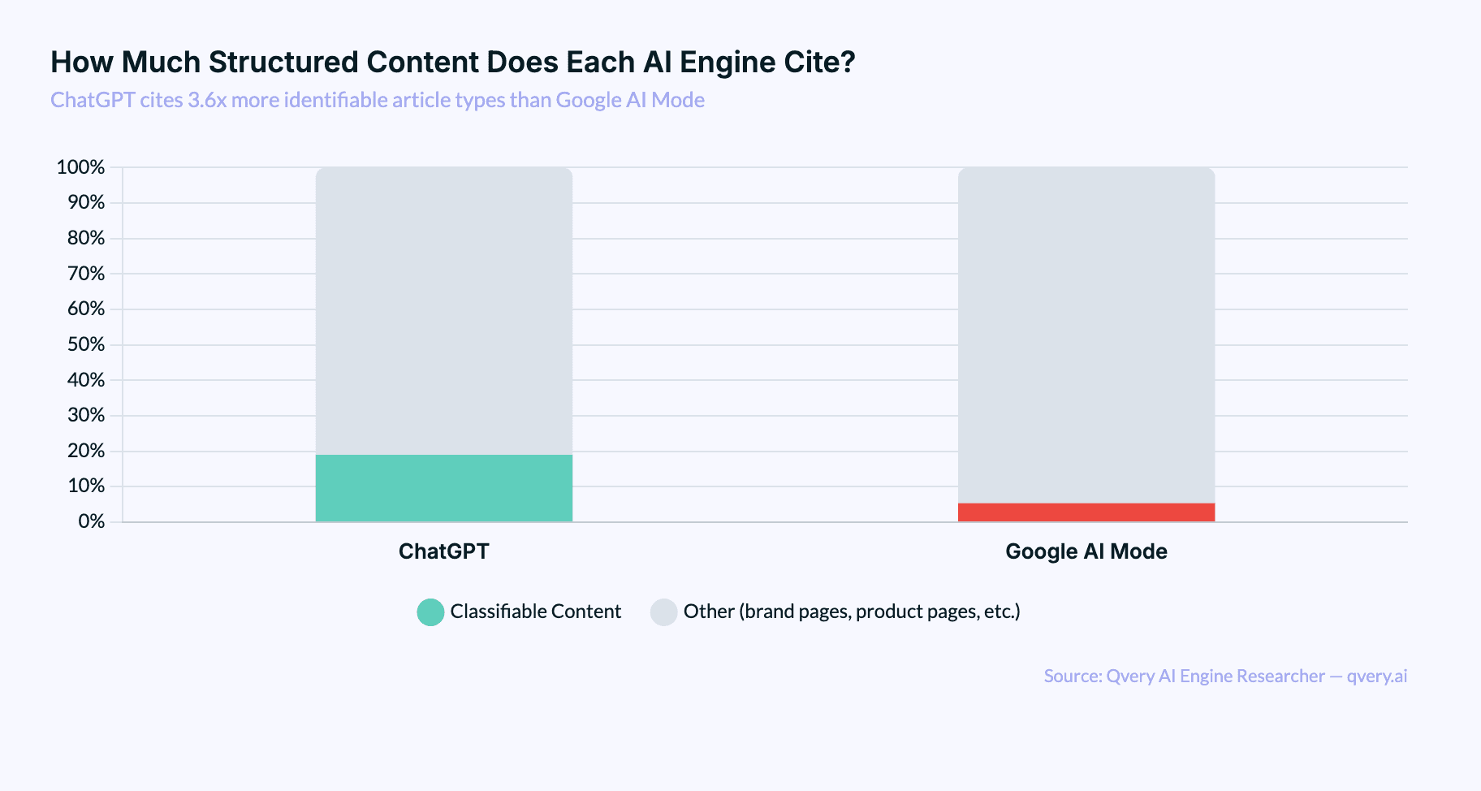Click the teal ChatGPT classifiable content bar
[443, 487]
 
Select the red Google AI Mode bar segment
[1086, 512]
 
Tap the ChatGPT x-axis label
[443, 551]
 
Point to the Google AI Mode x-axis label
[1086, 551]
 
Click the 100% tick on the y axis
[80, 167]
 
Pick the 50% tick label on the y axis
[85, 344]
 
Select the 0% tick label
[91, 521]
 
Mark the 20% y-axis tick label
[85, 451]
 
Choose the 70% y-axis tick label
[85, 274]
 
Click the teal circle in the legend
[430, 612]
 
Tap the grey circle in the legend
[663, 612]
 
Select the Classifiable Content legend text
[535, 612]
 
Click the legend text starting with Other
[851, 612]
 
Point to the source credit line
[1224, 676]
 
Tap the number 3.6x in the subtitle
[207, 100]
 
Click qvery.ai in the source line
[1376, 676]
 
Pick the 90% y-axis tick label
[85, 202]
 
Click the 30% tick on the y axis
[85, 415]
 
